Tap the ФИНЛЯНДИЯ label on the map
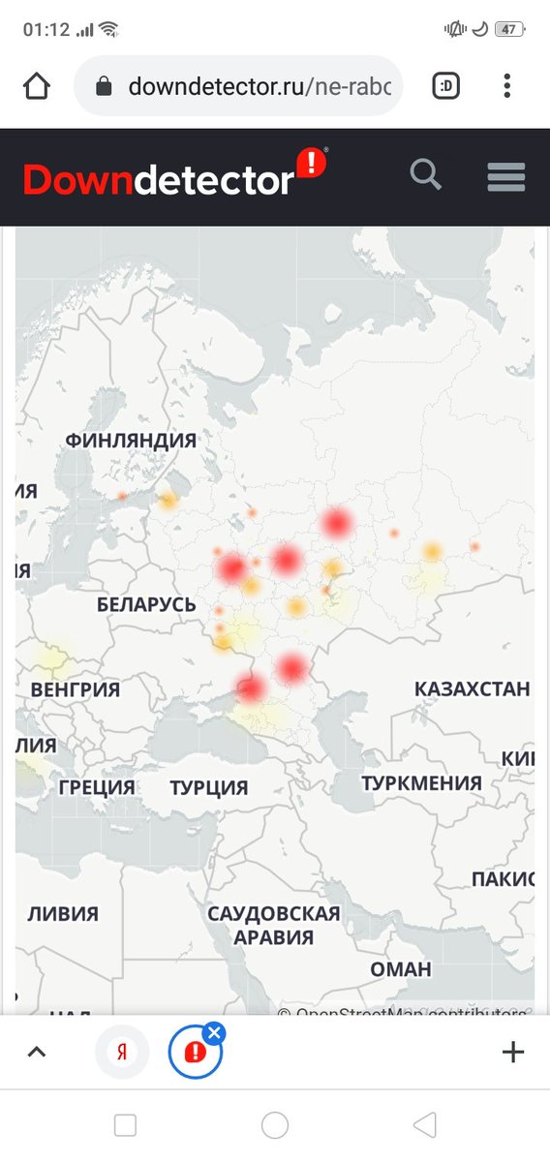click(x=131, y=441)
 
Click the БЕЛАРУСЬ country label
click(x=146, y=605)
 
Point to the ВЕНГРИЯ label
click(x=76, y=690)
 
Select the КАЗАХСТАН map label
click(x=473, y=689)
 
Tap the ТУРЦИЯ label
click(x=209, y=787)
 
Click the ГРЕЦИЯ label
click(x=97, y=787)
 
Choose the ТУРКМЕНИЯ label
click(x=421, y=782)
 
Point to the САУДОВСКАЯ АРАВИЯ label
click(x=274, y=925)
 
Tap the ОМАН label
click(x=400, y=969)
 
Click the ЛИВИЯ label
click(x=63, y=913)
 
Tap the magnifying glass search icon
click(x=426, y=176)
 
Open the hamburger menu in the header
click(x=506, y=177)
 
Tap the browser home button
click(x=37, y=87)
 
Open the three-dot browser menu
click(x=506, y=87)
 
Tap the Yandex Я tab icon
click(x=122, y=1053)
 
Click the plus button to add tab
click(x=512, y=1053)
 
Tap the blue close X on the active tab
click(x=215, y=1033)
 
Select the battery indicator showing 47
click(x=508, y=29)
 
